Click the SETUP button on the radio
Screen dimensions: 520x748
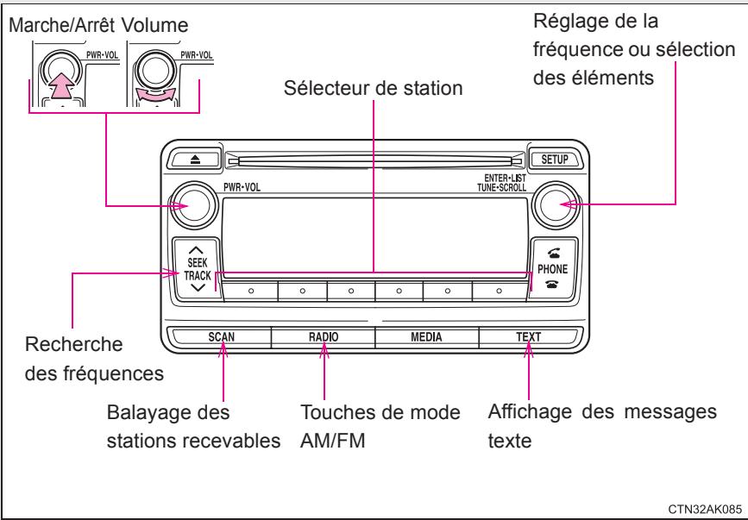point(552,160)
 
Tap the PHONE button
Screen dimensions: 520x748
point(552,268)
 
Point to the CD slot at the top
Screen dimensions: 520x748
point(374,160)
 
